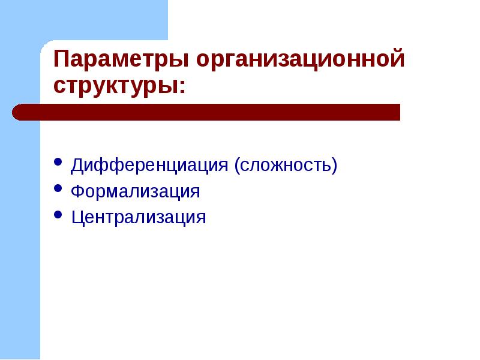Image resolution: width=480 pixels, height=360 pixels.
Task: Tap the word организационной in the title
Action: (299, 61)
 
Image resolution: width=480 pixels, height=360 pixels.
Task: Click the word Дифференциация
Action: (149, 165)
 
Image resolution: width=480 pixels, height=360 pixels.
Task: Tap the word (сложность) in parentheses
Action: (286, 165)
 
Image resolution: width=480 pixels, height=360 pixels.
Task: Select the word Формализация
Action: (135, 191)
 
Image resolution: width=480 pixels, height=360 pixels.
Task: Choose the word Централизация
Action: (139, 217)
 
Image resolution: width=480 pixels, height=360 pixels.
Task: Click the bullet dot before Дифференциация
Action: (58, 163)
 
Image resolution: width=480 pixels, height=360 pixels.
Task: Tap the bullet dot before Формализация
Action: (58, 189)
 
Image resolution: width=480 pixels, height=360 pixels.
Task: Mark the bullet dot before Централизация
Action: (58, 214)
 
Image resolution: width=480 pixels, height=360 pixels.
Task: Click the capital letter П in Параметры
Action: (61, 60)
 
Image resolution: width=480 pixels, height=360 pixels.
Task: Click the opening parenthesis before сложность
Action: (238, 166)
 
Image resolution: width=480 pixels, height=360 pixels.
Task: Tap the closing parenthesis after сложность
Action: (334, 166)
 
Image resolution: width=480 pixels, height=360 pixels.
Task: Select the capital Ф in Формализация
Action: (77, 191)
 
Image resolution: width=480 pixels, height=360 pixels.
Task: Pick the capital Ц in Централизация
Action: (77, 217)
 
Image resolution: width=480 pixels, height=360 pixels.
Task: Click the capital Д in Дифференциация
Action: (77, 165)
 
